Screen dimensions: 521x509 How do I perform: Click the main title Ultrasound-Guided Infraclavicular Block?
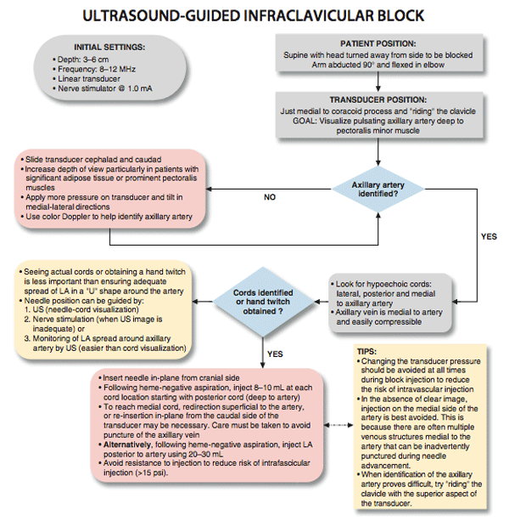point(255,15)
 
